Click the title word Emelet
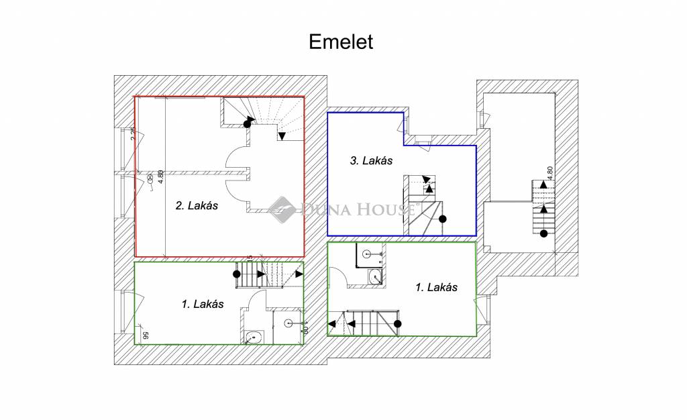point(340,42)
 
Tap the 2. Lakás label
point(197,207)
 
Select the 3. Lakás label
point(371,161)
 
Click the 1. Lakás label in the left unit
point(203,304)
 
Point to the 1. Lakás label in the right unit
point(436,287)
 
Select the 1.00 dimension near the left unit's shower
point(304,327)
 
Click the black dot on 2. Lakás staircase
point(248,123)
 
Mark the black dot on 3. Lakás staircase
point(443,219)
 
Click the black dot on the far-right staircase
point(543,233)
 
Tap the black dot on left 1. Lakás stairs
point(236,274)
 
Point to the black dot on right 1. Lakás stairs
point(397,324)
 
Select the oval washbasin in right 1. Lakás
point(374,276)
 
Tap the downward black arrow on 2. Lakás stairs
point(282,137)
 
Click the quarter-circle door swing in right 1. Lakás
point(339,276)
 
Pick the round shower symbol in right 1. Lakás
point(366,254)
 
